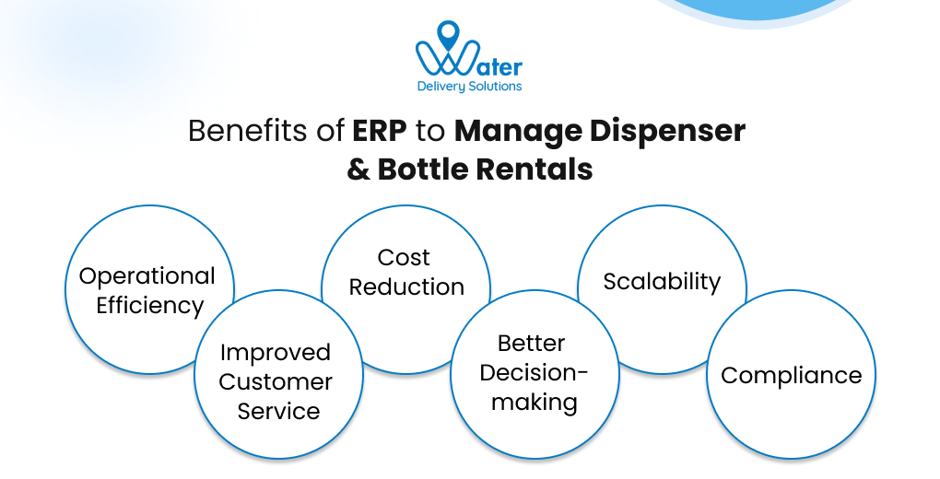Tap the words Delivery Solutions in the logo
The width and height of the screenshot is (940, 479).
[x=470, y=87]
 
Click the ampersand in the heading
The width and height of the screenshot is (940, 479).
[x=358, y=169]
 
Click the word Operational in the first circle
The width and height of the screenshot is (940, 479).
[x=147, y=275]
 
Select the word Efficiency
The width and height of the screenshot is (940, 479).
[x=150, y=306]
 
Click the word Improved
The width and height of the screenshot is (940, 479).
[x=275, y=352]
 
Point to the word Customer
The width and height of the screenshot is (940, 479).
[x=276, y=381]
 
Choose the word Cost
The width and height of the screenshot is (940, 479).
[x=404, y=257]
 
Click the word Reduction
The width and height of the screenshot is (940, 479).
[x=406, y=286]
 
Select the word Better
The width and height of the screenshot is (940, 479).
[x=531, y=343]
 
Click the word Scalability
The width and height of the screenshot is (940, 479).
[x=662, y=281]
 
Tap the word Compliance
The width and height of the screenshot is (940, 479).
[x=791, y=375]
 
